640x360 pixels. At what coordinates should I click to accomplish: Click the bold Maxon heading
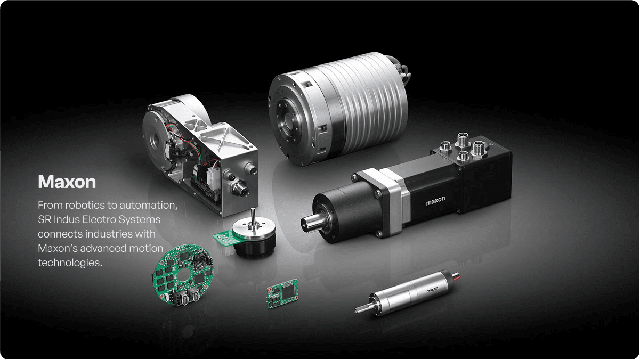click(x=67, y=182)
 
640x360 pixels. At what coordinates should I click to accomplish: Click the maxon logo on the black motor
click(x=435, y=201)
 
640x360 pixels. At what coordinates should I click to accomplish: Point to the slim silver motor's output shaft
click(x=363, y=308)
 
